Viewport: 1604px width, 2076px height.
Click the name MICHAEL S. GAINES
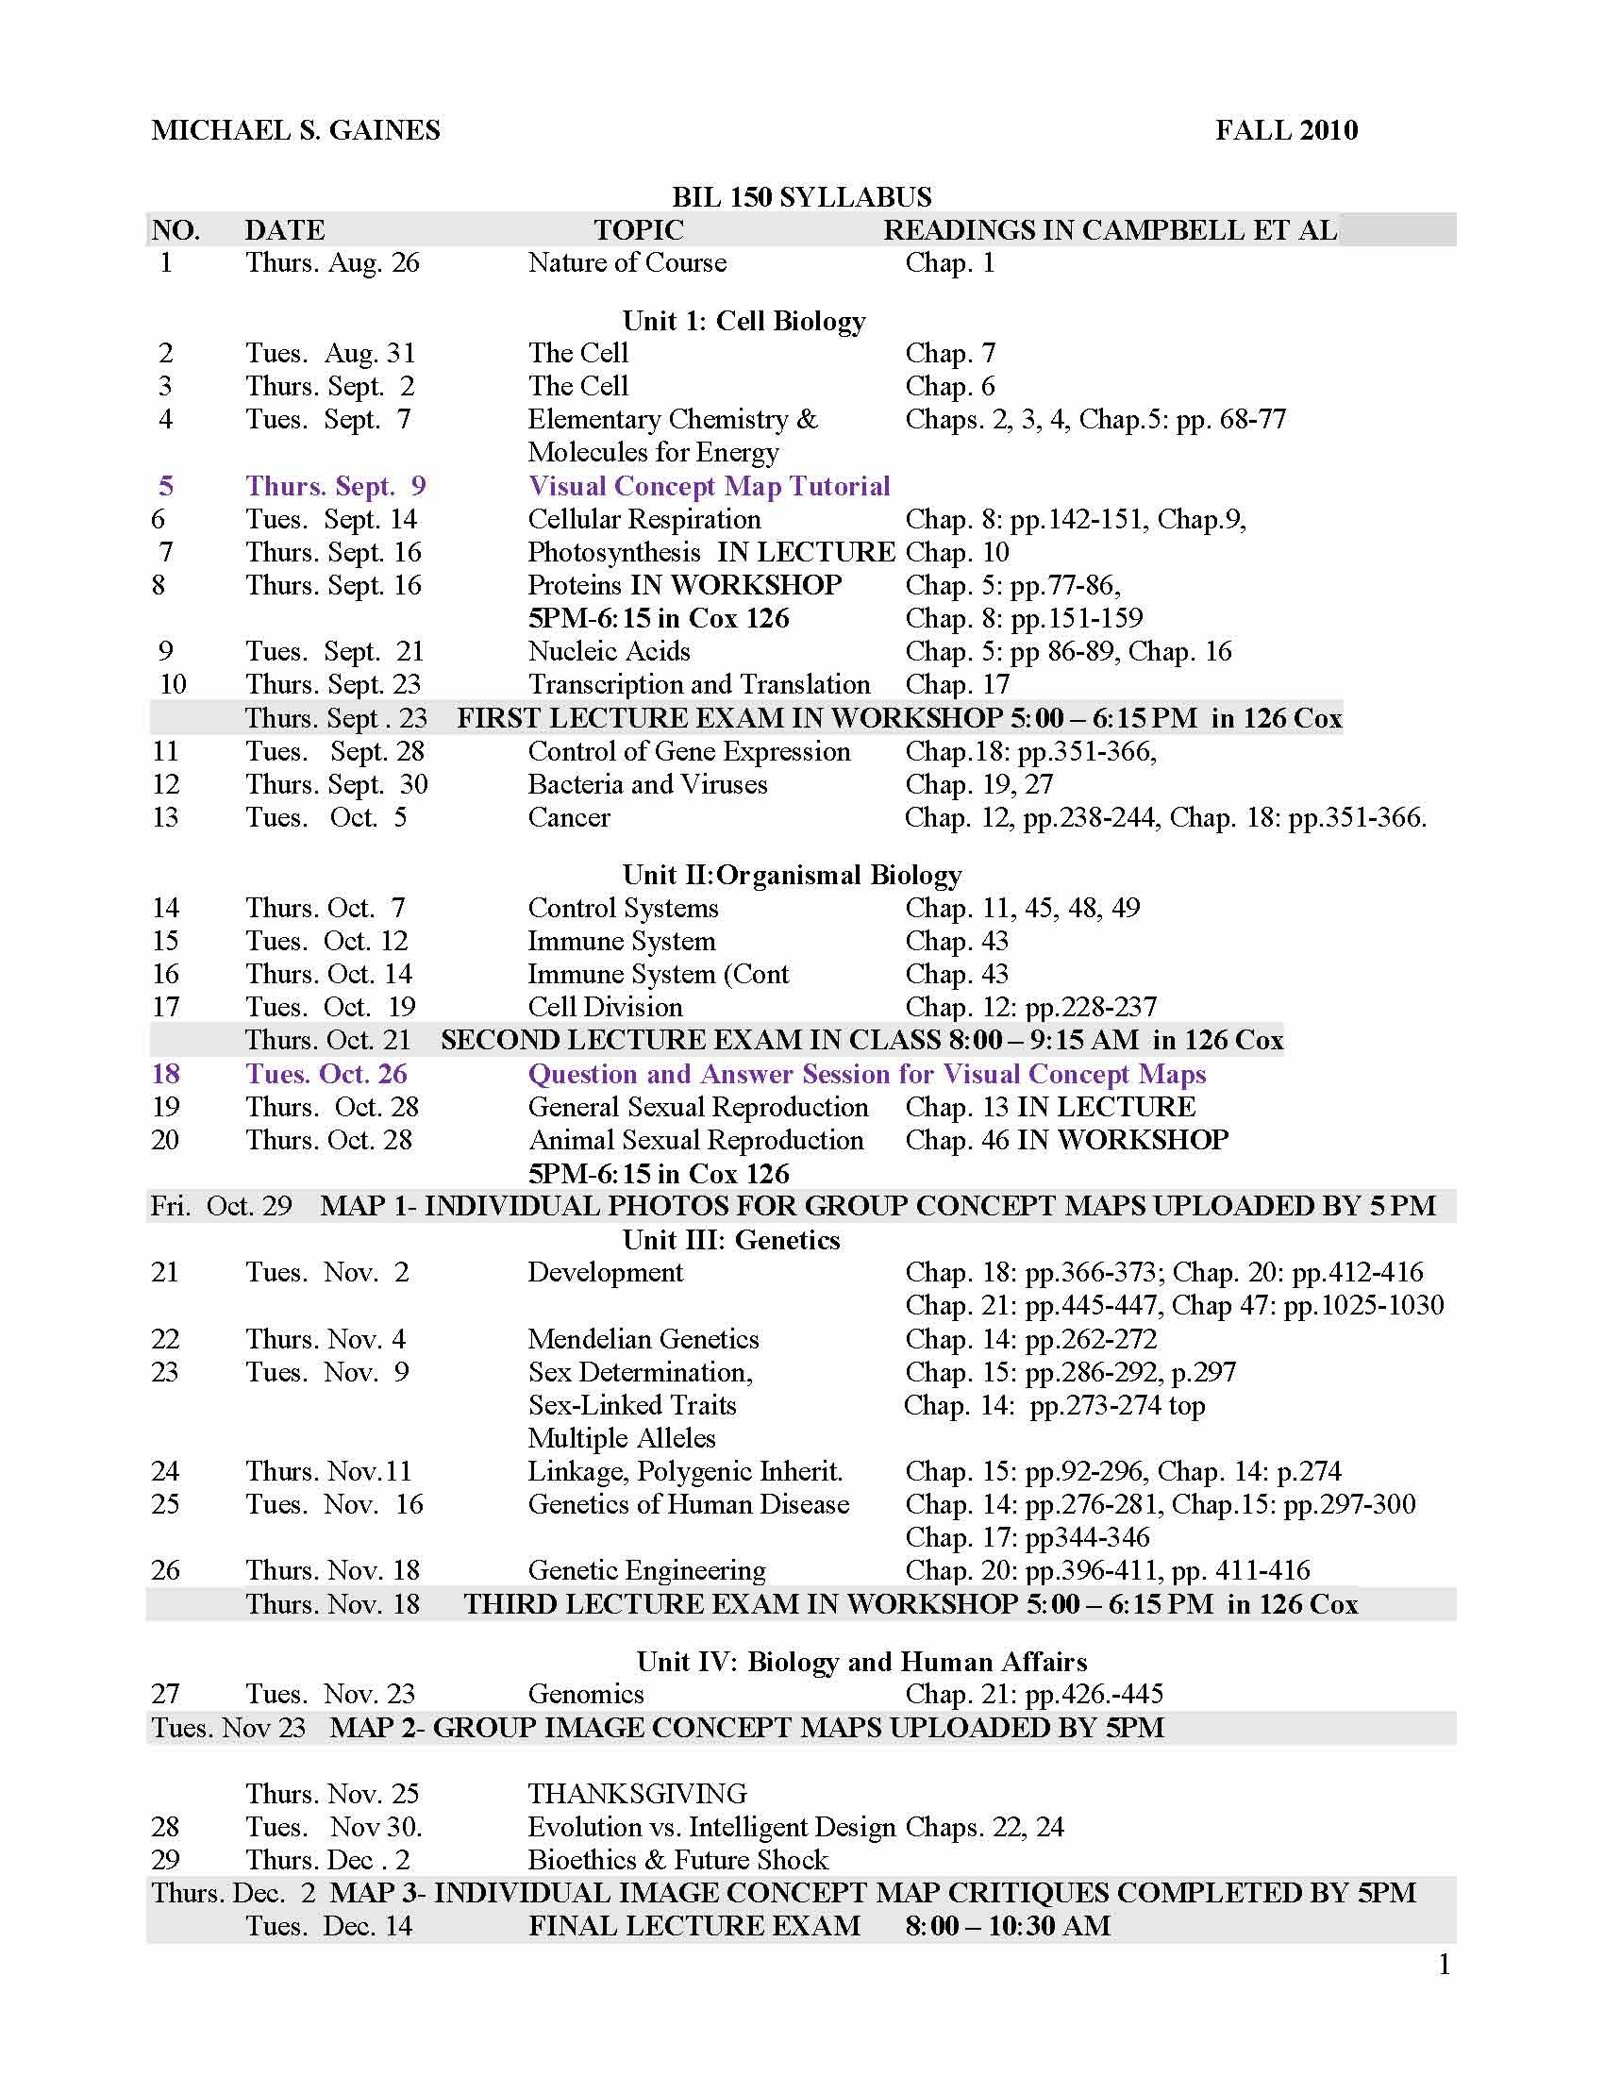pyautogui.click(x=295, y=130)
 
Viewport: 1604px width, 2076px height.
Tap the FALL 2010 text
pyautogui.click(x=1286, y=130)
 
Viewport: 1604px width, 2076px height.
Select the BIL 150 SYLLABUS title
pyautogui.click(x=801, y=197)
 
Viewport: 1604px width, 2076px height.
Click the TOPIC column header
pyautogui.click(x=639, y=230)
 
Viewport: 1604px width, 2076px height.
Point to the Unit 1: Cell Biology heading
pyautogui.click(x=744, y=321)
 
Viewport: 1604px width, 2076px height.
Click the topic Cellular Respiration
pyautogui.click(x=644, y=519)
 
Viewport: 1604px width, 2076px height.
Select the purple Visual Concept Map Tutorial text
pyautogui.click(x=708, y=486)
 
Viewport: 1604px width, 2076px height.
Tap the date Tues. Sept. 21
pyautogui.click(x=333, y=651)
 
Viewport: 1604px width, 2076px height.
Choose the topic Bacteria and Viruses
pyautogui.click(x=647, y=784)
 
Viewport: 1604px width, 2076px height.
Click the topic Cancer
pyautogui.click(x=568, y=817)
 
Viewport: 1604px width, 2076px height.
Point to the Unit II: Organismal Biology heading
pyautogui.click(x=792, y=875)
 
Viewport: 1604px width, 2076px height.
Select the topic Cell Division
pyautogui.click(x=605, y=1007)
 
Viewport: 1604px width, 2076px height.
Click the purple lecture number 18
pyautogui.click(x=165, y=1074)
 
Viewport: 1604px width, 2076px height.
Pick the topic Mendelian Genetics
pyautogui.click(x=643, y=1339)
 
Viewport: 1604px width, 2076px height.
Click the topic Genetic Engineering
pyautogui.click(x=646, y=1570)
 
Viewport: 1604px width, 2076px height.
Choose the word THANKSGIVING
pyautogui.click(x=637, y=1794)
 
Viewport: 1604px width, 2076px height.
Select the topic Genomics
pyautogui.click(x=585, y=1694)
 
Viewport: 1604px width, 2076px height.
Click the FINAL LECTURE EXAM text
pyautogui.click(x=693, y=1926)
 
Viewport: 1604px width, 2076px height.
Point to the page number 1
pyautogui.click(x=1445, y=1965)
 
